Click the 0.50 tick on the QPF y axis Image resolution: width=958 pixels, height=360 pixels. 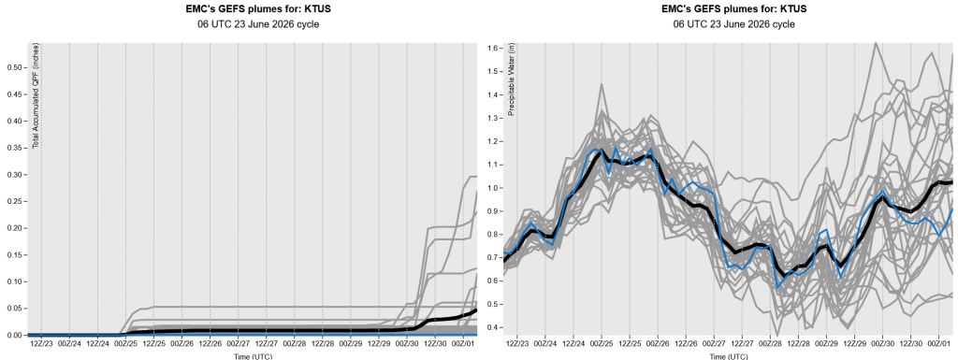(14, 67)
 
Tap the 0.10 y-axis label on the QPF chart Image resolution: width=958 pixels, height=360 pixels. (14, 281)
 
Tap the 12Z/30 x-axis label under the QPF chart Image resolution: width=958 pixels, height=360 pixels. (435, 344)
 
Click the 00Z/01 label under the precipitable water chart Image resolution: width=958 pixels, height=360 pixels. (938, 344)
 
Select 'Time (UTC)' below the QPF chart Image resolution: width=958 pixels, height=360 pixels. (253, 355)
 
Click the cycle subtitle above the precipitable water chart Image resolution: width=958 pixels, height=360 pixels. (733, 24)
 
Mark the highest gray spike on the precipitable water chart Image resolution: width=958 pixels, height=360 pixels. (876, 43)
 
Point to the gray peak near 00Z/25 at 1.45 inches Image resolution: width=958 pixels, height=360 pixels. (602, 84)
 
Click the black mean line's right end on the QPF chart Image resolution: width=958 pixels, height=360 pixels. (476, 310)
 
